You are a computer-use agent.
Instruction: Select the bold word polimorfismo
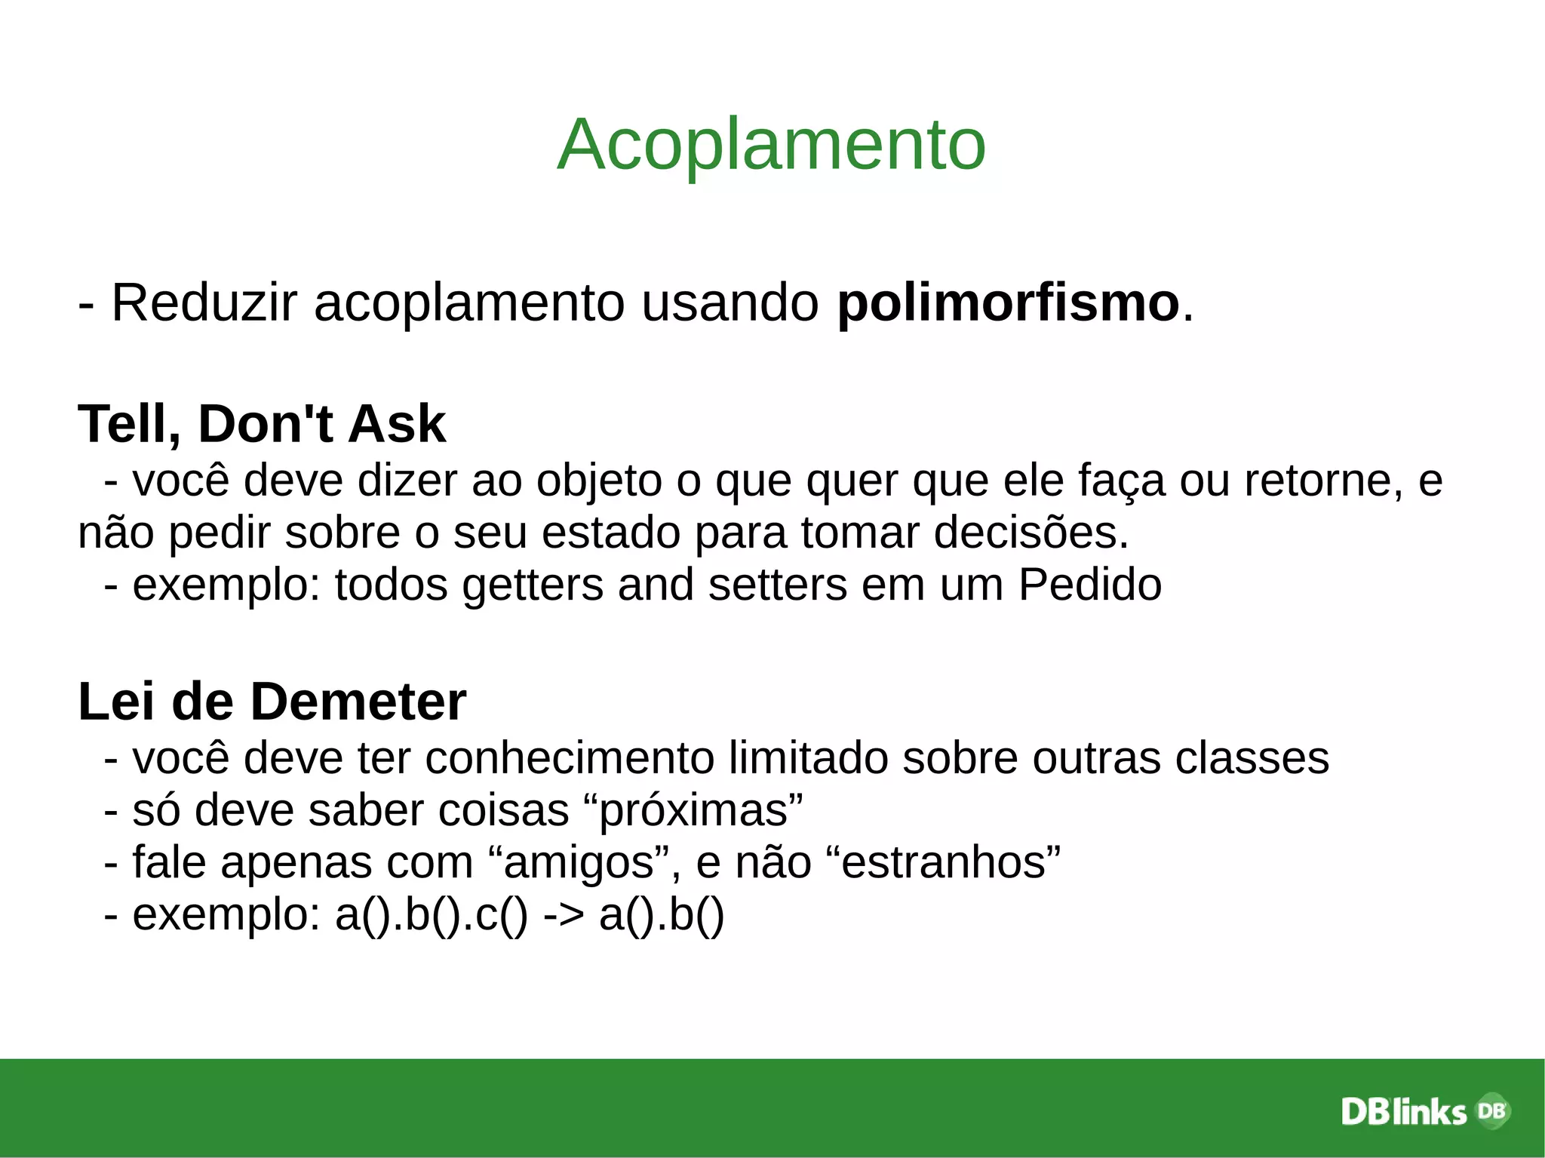1008,303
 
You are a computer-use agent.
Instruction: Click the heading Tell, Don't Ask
262,423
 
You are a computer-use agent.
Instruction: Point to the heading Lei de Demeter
272,702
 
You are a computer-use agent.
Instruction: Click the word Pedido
1089,585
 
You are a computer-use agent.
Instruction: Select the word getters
533,586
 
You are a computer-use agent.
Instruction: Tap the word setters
778,585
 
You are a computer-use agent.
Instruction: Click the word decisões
1031,533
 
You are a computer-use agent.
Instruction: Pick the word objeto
599,481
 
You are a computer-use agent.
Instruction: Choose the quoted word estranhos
944,862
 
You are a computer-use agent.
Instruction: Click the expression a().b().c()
431,915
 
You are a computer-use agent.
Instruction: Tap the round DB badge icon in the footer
1491,1110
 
